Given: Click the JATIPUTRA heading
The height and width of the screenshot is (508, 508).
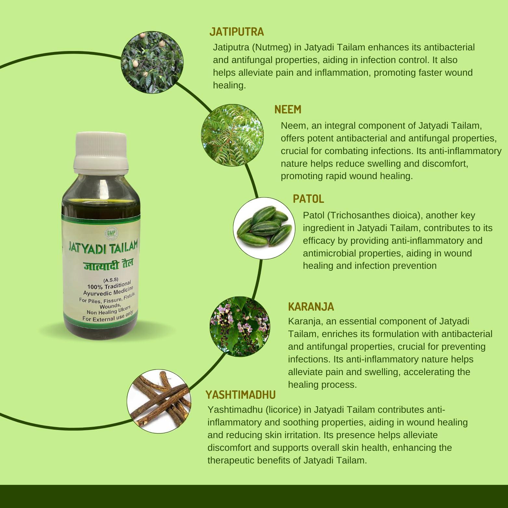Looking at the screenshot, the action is pos(236,32).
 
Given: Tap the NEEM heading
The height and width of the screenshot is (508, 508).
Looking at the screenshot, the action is pos(288,110).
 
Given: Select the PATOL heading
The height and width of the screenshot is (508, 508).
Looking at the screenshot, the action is pos(308,199).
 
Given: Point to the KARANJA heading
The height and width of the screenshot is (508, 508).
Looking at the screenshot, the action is pos(311,306).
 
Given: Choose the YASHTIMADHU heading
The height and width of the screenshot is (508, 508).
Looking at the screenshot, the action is pos(241,395).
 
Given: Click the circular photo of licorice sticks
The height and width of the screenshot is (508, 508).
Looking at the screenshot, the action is pos(158,401).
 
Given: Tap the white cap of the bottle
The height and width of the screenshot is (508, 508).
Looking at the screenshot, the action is pos(101,153).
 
